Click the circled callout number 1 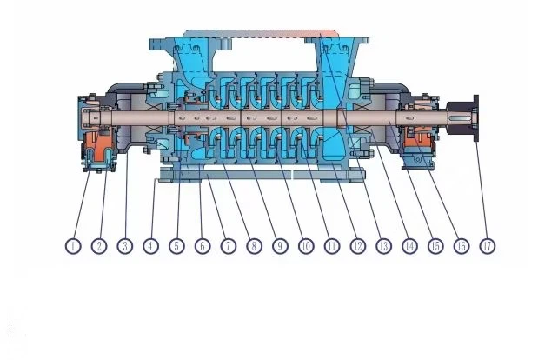[x=73, y=246]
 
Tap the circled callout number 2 [x=99, y=246]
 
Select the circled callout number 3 [x=125, y=246]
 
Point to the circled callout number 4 [x=151, y=246]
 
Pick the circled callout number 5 [x=176, y=246]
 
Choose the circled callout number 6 [x=203, y=246]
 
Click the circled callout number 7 [x=229, y=246]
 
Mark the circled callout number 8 [x=254, y=246]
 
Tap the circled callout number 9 [x=280, y=246]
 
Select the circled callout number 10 [x=306, y=246]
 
